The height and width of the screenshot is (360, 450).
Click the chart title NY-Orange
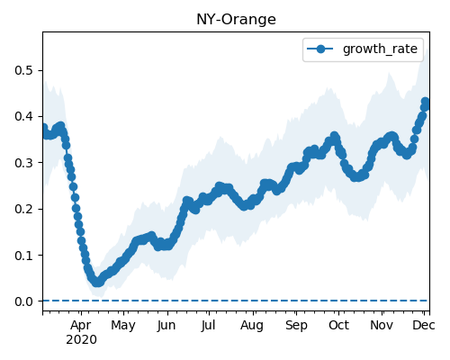[x=236, y=20]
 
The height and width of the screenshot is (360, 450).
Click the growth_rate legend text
[x=380, y=49]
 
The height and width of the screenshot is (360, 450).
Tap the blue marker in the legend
[x=320, y=49]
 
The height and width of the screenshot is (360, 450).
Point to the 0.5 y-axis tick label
[x=24, y=70]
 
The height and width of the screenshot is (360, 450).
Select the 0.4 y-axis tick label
[x=24, y=116]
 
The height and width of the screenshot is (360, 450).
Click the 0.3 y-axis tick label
[x=24, y=163]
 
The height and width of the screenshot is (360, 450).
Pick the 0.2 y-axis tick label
[x=24, y=209]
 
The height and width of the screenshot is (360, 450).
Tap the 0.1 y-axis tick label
[x=24, y=255]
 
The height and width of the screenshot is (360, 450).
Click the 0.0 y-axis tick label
[x=24, y=301]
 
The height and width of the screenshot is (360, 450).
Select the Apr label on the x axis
[x=81, y=326]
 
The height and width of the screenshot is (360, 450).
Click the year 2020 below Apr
[x=81, y=340]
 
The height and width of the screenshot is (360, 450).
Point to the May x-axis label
[x=123, y=326]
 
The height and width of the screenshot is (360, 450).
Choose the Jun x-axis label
[x=166, y=326]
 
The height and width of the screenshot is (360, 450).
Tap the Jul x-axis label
[x=209, y=326]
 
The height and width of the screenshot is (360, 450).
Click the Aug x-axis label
[x=252, y=326]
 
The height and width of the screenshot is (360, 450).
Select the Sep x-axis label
[x=296, y=326]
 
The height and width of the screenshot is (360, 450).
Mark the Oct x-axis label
[x=339, y=326]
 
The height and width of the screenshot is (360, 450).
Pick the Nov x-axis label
[x=382, y=326]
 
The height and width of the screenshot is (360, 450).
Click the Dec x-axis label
[x=424, y=326]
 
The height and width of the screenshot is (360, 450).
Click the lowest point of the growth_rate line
[x=97, y=283]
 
